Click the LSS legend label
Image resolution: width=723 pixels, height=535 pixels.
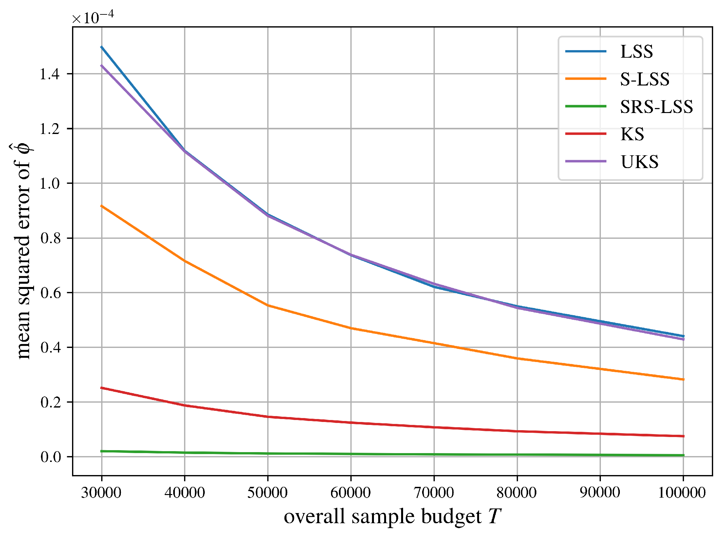click(x=636, y=51)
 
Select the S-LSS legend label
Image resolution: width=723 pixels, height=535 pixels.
click(x=644, y=79)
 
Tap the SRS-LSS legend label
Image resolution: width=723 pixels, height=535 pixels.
click(x=656, y=106)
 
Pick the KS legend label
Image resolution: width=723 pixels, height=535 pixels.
click(x=632, y=134)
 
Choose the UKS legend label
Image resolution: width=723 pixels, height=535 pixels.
click(x=639, y=162)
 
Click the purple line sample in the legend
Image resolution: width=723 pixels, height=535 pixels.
click(x=586, y=161)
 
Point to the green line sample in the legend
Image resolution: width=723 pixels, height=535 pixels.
click(x=586, y=106)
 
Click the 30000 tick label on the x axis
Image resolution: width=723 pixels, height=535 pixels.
click(x=101, y=492)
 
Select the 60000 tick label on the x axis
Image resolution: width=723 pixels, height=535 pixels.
click(x=351, y=492)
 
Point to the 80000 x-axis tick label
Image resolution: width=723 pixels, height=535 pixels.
click(x=517, y=492)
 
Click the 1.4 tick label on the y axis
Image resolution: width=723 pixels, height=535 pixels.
click(x=50, y=74)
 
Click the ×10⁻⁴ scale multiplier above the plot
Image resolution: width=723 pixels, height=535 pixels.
click(x=93, y=18)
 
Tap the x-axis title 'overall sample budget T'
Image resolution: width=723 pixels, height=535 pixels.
click(x=392, y=517)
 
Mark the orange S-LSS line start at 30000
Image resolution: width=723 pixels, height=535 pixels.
click(x=102, y=206)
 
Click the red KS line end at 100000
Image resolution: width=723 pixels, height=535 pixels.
click(x=683, y=436)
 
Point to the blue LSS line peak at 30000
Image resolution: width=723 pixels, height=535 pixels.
click(x=102, y=47)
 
